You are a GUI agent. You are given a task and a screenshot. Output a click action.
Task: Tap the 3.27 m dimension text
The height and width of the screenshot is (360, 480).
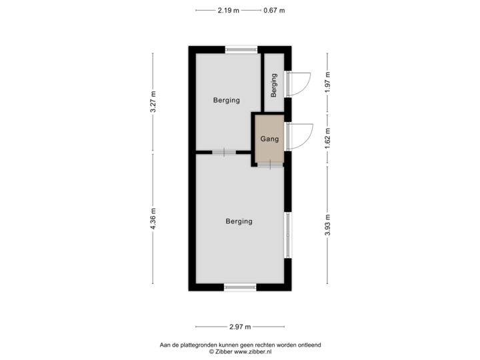coord(153,103)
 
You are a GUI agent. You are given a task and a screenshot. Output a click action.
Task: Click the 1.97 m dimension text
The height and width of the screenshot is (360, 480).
coord(327,83)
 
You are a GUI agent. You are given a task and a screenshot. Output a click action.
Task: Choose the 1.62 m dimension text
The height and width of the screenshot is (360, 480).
coord(327,138)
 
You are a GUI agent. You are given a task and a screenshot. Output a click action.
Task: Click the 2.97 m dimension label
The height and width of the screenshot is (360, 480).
coord(239,327)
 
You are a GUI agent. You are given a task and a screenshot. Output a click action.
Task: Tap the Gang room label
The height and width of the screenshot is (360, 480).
coord(269,140)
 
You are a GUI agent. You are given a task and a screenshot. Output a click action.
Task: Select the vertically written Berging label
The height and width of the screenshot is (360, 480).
coord(273,85)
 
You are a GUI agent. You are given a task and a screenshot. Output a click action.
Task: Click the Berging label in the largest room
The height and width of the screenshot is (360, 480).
coord(239,221)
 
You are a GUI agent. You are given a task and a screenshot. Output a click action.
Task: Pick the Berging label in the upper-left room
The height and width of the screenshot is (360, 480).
coord(226,101)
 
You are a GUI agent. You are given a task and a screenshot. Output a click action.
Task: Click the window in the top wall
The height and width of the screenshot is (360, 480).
coord(241,49)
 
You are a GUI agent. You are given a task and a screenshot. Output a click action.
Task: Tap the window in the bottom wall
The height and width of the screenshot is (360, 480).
coord(240,287)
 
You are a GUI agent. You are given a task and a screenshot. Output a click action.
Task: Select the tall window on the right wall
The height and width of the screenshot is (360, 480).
coord(288,235)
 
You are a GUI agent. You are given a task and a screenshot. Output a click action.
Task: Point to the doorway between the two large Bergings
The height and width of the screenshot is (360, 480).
coord(224,152)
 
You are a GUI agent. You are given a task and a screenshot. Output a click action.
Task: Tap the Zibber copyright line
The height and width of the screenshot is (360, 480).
coord(239,351)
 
